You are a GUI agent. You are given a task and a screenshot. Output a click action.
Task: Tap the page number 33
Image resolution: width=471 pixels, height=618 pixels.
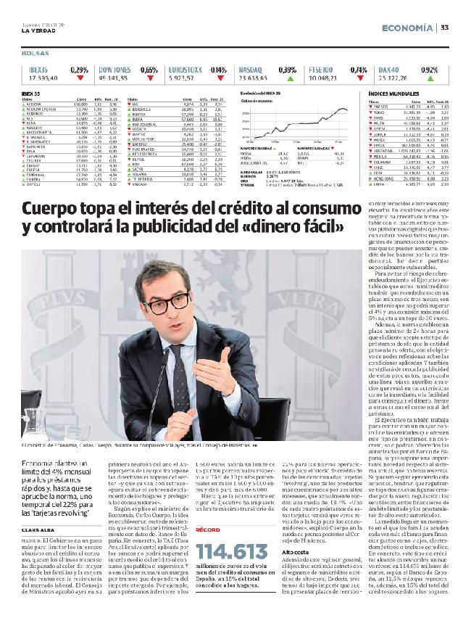pyautogui.click(x=445, y=27)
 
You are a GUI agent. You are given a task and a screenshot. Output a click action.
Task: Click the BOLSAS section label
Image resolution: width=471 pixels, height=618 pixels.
pyautogui.click(x=34, y=54)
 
